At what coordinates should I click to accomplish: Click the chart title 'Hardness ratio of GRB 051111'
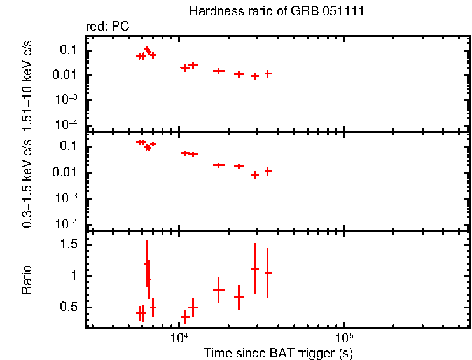pyautogui.click(x=277, y=12)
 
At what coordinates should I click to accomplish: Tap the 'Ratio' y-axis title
pyautogui.click(x=27, y=280)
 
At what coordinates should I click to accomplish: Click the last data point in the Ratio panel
pyautogui.click(x=268, y=273)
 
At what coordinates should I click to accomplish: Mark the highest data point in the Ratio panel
pyautogui.click(x=147, y=263)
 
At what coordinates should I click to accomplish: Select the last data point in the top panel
pyautogui.click(x=268, y=74)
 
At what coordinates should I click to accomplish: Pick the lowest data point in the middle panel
pyautogui.click(x=255, y=174)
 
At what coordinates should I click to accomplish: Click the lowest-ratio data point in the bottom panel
pyautogui.click(x=185, y=316)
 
